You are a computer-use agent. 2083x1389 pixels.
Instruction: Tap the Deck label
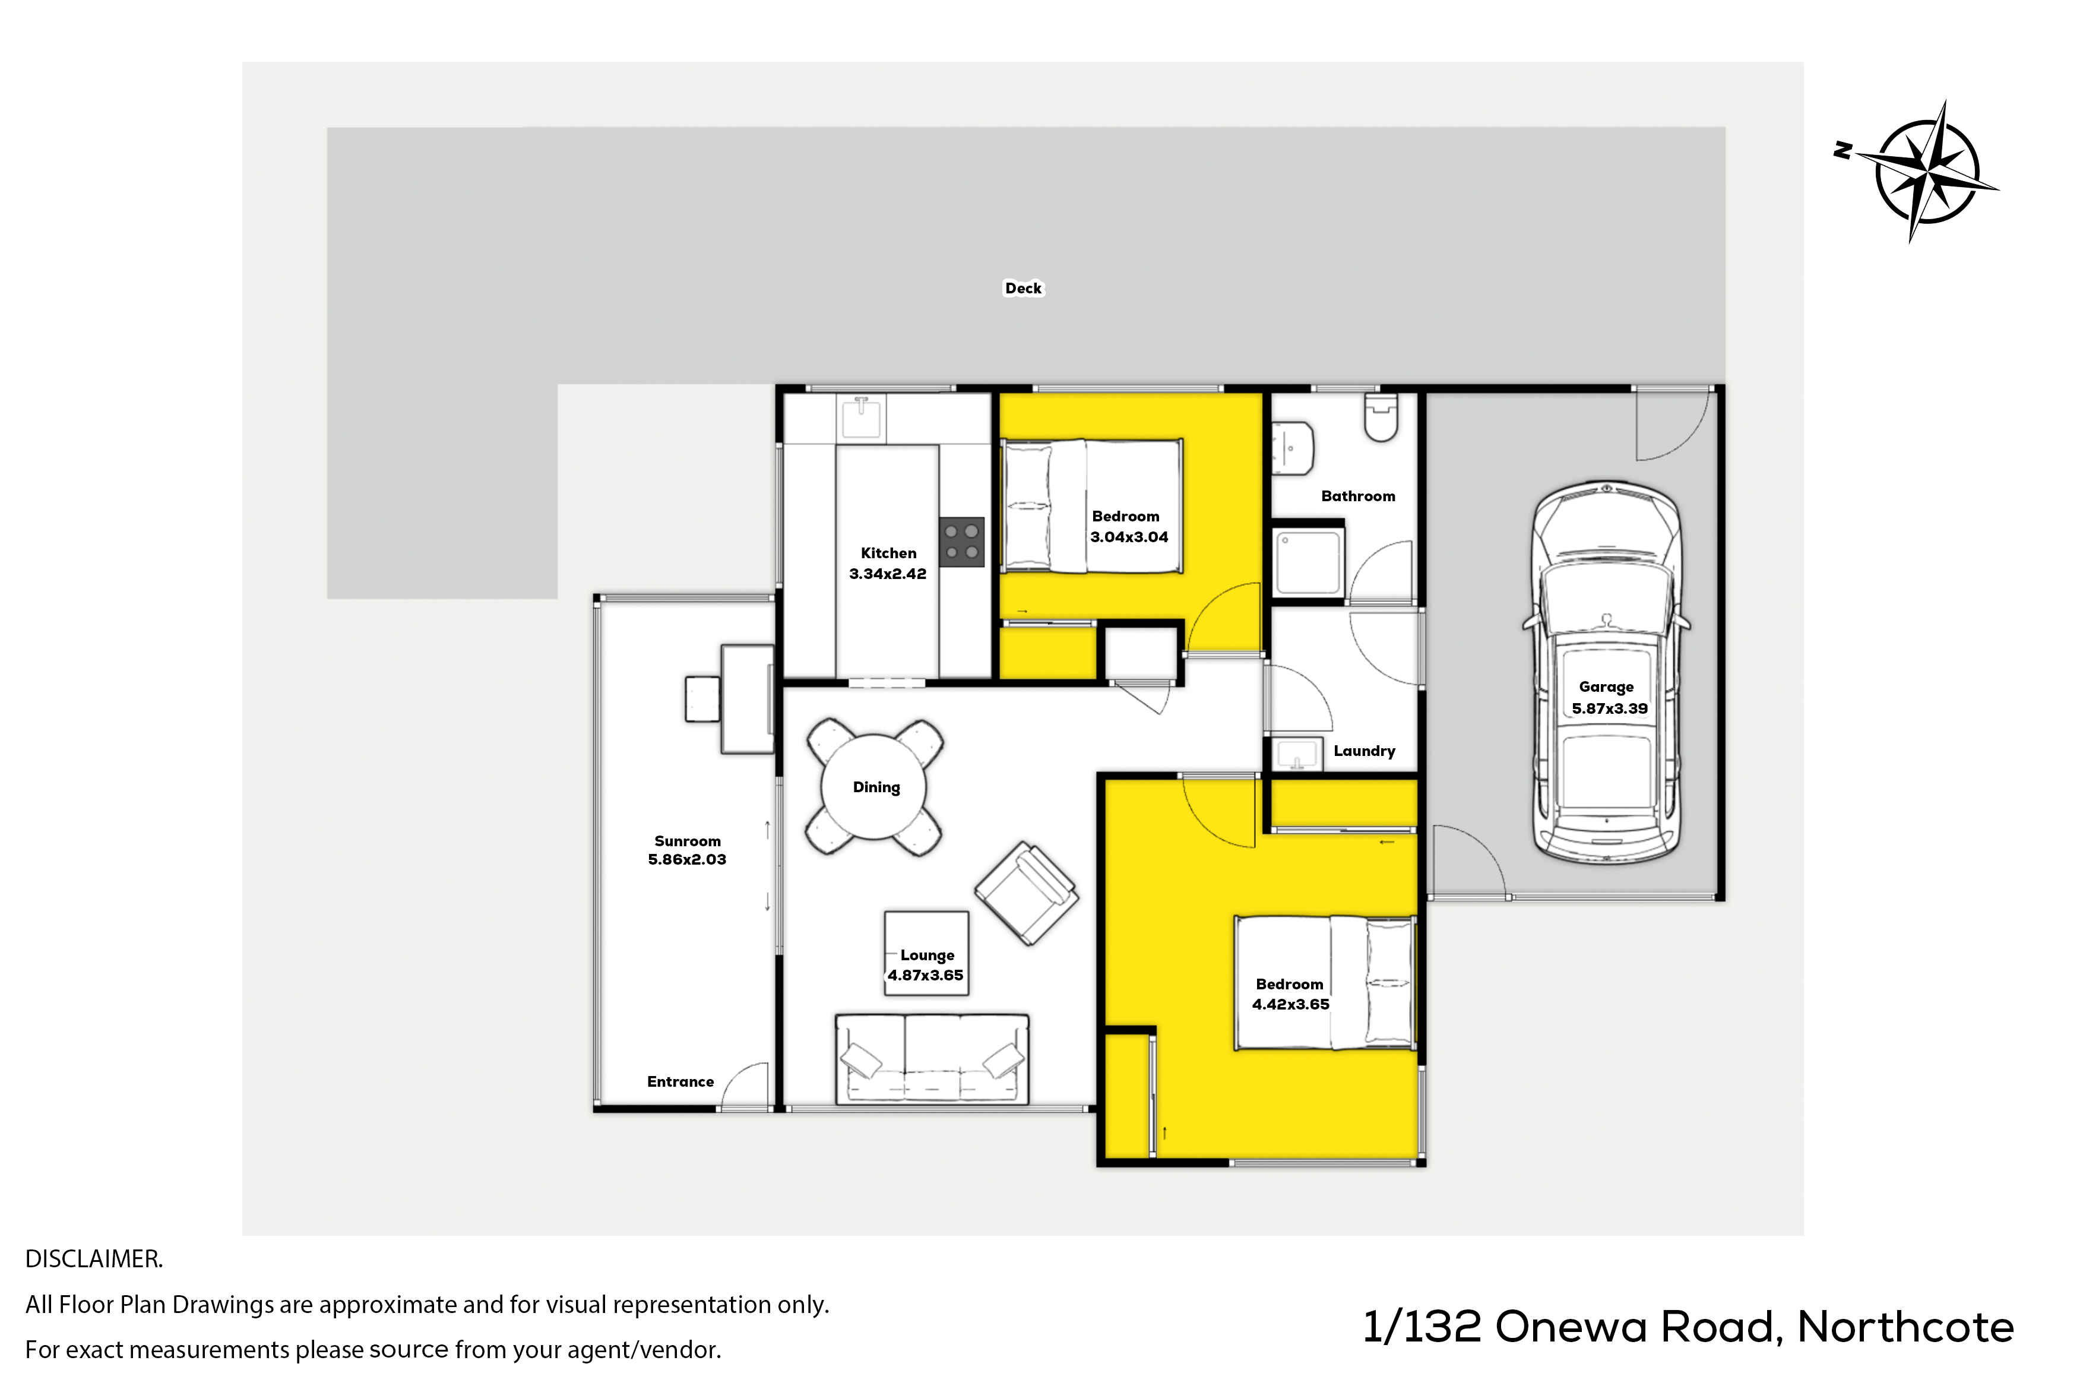(x=1023, y=288)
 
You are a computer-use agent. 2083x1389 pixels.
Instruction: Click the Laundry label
(x=1364, y=751)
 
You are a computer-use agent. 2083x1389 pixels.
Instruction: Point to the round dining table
(x=874, y=787)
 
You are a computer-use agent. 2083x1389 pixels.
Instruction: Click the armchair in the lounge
(x=1027, y=893)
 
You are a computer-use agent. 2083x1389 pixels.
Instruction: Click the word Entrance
(x=680, y=1081)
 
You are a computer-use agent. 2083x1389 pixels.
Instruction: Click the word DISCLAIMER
(x=94, y=1259)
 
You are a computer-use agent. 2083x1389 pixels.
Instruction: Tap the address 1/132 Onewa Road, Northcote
(x=1688, y=1327)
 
